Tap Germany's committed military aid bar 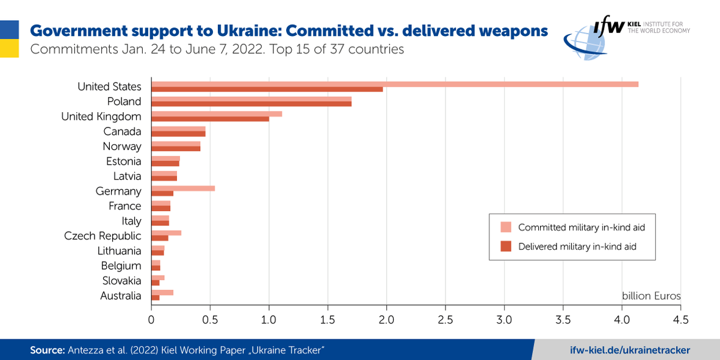pos(182,189)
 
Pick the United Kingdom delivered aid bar pos(210,119)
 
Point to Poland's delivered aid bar pos(251,104)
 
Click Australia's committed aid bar pos(162,293)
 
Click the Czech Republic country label pos(103,236)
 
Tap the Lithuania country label pos(119,251)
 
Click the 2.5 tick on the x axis pos(445,320)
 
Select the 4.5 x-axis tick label pos(680,320)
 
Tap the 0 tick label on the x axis pos(151,320)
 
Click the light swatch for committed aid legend pos(506,228)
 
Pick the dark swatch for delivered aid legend pos(506,247)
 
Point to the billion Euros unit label pos(651,296)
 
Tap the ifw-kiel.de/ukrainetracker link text pos(630,350)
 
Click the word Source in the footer pos(46,350)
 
